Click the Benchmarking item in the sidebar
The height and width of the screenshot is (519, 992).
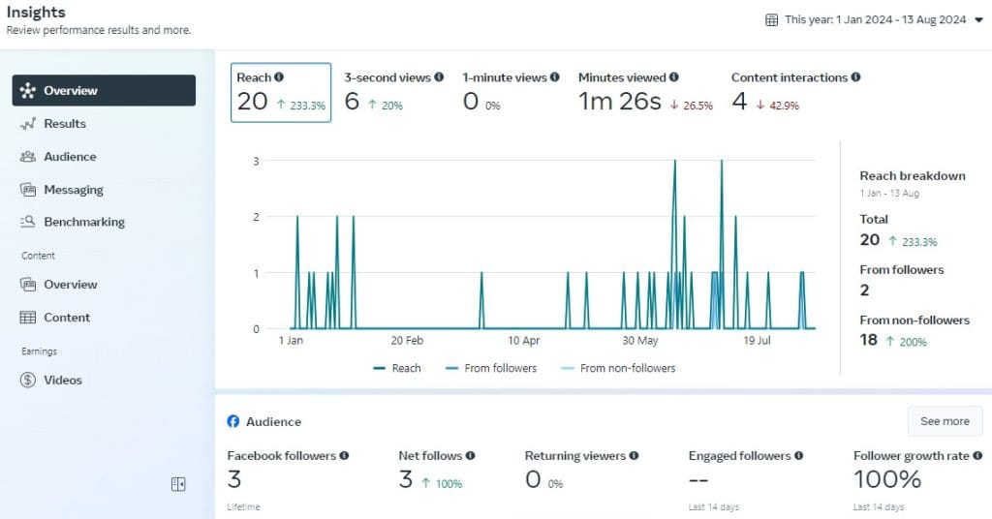point(83,222)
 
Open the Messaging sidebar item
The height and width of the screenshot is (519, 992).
point(73,190)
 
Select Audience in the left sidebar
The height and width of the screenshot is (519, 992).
point(70,157)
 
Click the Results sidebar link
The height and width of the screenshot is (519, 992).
point(64,124)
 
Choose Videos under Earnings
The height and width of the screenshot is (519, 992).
point(62,381)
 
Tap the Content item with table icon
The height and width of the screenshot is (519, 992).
point(66,318)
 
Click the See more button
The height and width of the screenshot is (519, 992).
point(944,421)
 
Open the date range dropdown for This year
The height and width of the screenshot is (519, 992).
point(866,19)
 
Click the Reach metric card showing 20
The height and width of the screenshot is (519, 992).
point(280,93)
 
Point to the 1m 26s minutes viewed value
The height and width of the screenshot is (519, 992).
point(619,102)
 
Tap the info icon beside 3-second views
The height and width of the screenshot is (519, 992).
point(439,77)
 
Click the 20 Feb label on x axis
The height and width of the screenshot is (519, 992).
point(407,341)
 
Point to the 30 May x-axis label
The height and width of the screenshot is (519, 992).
point(639,341)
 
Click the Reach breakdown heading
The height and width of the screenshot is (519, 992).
point(912,176)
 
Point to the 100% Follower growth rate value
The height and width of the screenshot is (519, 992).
point(886,479)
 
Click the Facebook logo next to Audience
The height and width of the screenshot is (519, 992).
point(233,422)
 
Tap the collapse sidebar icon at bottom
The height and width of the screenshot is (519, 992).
point(178,484)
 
